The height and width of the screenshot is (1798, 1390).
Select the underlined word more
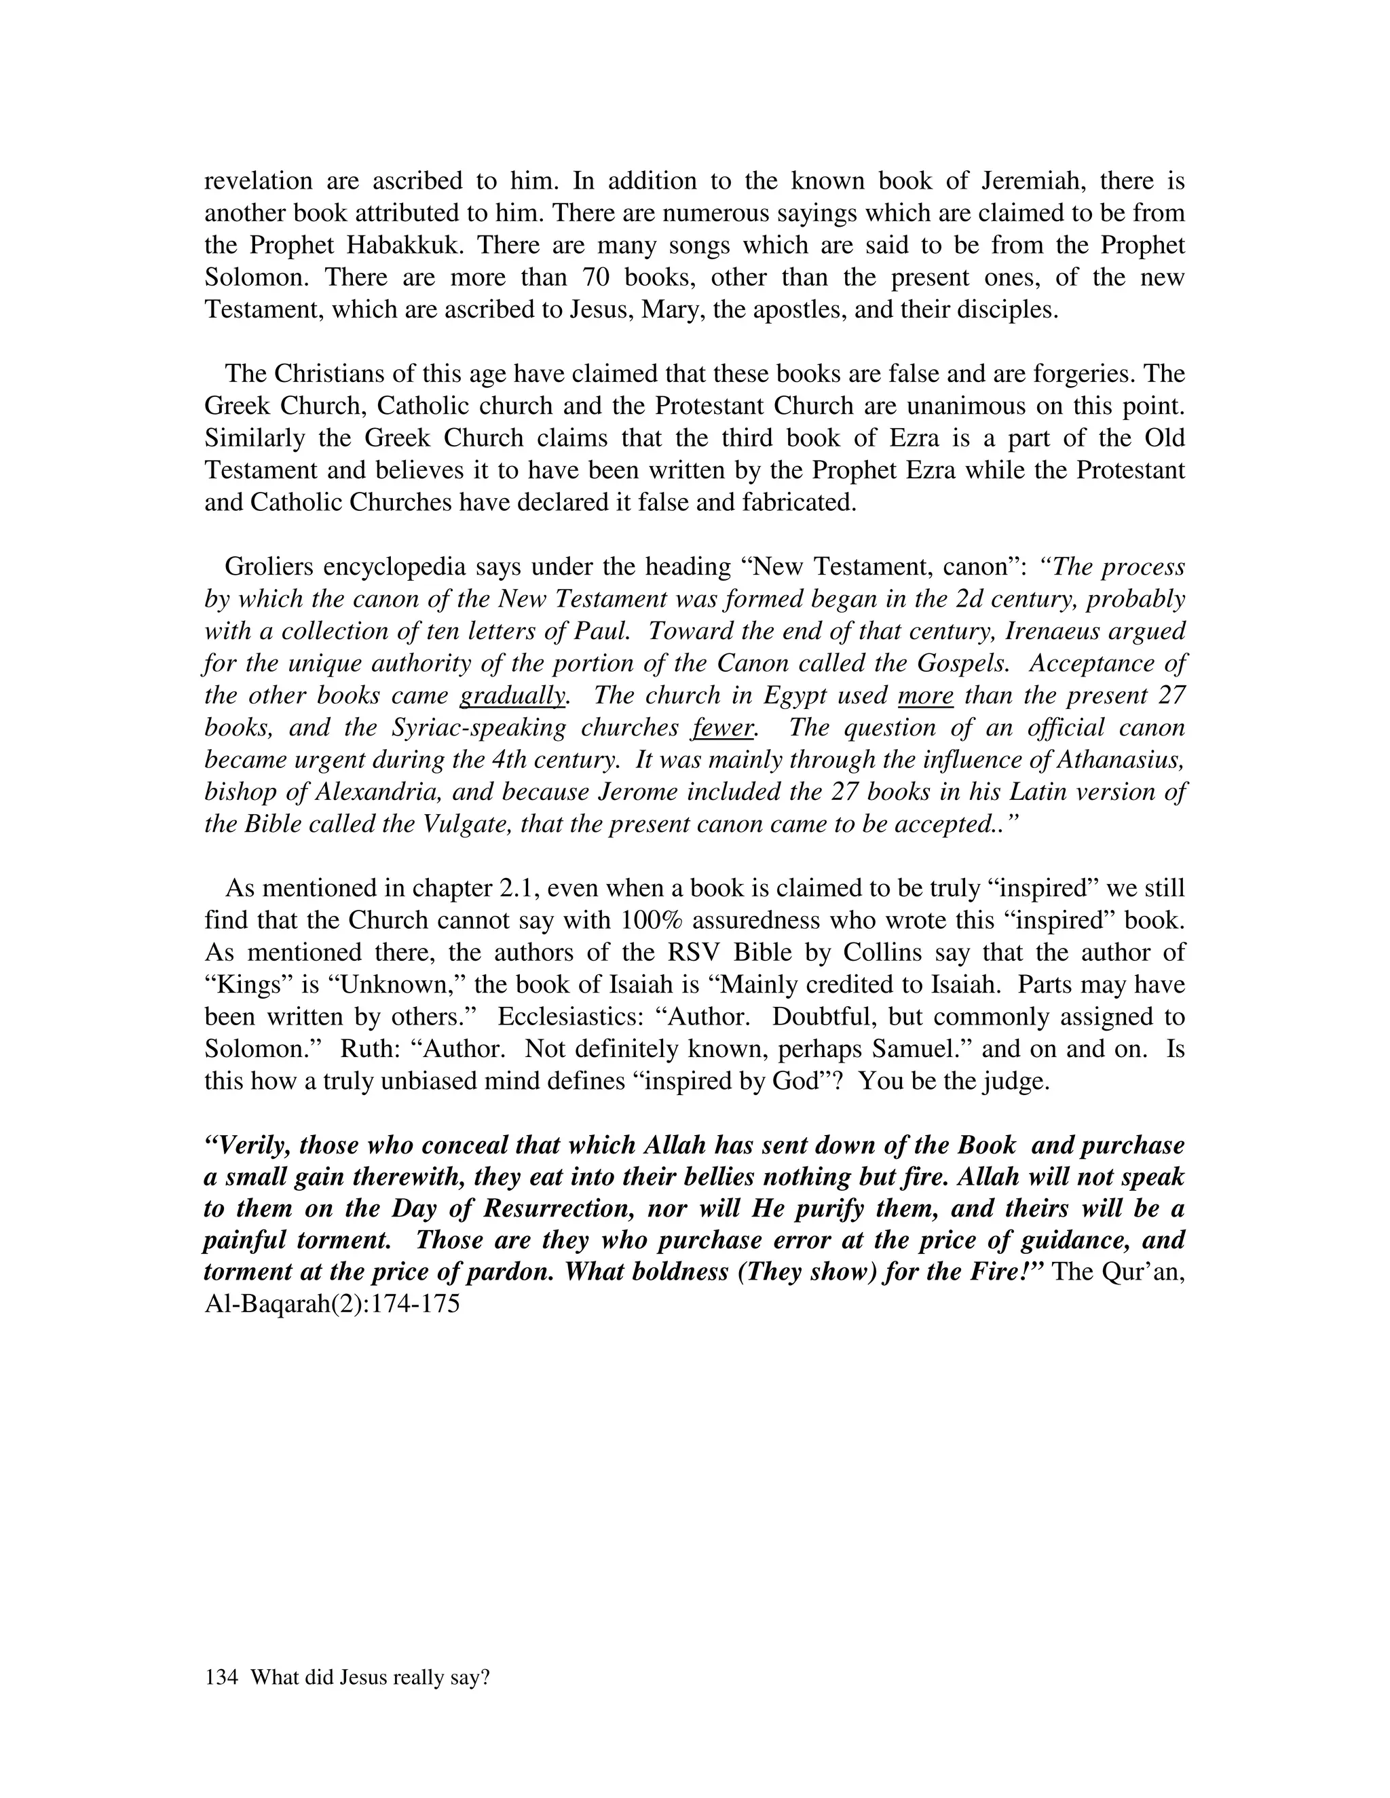925,695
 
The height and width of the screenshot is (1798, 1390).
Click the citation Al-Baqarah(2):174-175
331,1305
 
